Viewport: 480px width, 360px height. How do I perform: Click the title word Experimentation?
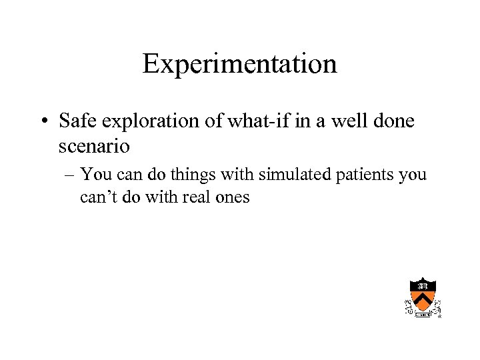coord(239,65)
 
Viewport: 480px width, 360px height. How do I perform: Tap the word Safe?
coord(77,121)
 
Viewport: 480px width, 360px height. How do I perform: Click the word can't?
coord(99,197)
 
